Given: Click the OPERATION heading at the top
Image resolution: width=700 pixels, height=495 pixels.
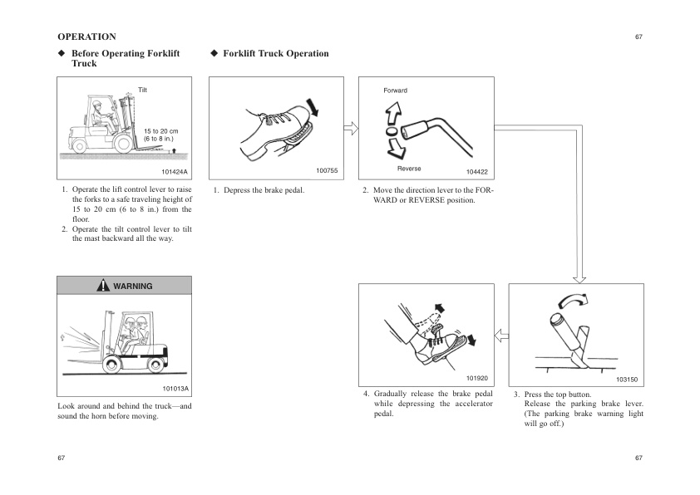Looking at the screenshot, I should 86,37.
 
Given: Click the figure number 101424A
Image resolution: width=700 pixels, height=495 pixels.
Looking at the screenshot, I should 173,172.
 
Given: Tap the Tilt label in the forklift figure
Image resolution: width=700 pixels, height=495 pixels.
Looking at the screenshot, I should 143,89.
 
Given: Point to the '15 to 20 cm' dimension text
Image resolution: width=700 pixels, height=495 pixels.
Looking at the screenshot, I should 160,131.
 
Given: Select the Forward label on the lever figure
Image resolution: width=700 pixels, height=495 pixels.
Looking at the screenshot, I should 395,90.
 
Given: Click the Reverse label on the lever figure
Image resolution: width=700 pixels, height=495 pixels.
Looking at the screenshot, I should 408,169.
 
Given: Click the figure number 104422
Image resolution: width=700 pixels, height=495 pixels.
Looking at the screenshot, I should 476,172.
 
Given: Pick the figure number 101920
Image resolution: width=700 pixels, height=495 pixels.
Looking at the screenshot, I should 476,377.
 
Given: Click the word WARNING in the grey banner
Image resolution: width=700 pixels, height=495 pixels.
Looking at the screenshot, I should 133,286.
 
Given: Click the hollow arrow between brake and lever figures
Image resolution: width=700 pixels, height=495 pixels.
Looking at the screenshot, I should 350,128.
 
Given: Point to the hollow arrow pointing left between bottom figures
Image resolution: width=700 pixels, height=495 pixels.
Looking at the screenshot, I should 500,335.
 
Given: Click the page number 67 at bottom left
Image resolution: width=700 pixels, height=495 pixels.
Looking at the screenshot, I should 62,458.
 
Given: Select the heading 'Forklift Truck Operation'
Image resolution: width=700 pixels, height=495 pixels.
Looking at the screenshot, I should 275,54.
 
